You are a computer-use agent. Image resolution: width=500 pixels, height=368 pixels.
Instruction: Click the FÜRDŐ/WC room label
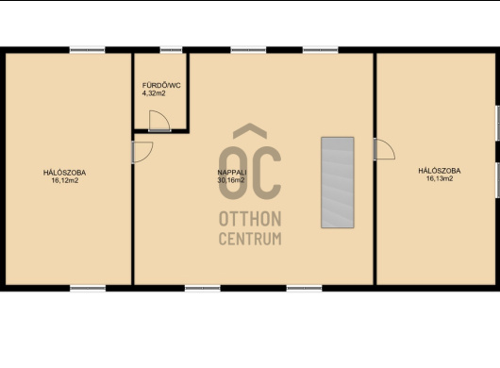tap(161, 86)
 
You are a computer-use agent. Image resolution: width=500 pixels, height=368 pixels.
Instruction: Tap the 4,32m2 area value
tap(154, 93)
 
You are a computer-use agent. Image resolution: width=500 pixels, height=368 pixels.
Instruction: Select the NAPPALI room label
tap(232, 172)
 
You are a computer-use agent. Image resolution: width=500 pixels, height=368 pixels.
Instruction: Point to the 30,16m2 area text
tap(231, 180)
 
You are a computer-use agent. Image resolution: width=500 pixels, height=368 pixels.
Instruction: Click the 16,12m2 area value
tap(65, 180)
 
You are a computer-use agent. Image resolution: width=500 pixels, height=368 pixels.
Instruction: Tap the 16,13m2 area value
tap(440, 178)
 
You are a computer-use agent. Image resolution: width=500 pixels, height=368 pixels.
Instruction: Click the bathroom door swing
tap(159, 121)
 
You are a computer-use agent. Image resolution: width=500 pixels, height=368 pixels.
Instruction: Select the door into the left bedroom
tap(142, 152)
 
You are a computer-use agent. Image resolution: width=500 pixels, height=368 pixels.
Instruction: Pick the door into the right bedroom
tap(385, 149)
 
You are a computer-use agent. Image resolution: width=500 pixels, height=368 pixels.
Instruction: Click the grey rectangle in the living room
tap(338, 182)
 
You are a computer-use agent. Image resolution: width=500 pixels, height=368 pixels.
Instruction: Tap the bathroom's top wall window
tap(171, 50)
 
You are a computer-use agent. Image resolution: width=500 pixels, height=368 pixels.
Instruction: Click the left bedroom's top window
tap(88, 50)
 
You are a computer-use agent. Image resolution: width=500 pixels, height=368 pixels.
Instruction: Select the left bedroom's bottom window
tap(88, 289)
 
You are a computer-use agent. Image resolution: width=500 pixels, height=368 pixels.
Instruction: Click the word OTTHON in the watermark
tap(250, 219)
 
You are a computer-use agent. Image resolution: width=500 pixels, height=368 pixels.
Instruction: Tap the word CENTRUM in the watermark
tap(250, 239)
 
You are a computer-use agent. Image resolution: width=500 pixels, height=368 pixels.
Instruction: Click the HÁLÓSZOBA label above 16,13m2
tap(440, 171)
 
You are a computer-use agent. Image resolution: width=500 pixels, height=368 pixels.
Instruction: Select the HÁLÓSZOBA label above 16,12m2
tap(65, 173)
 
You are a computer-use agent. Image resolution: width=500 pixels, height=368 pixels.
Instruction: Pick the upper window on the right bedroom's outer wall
tap(497, 123)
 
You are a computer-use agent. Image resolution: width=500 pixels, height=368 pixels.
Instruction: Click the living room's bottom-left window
tap(203, 289)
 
